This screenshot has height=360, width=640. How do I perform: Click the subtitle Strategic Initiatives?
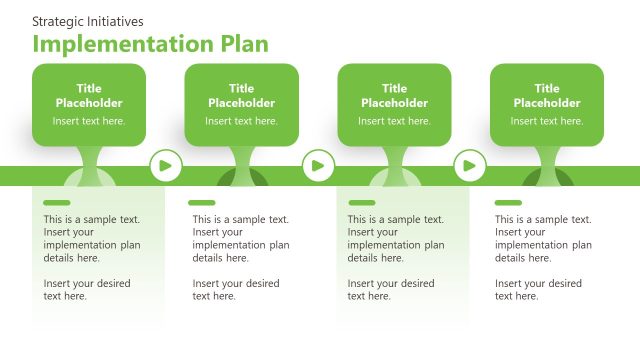pos(88,21)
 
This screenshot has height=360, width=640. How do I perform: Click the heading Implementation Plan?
pos(150,44)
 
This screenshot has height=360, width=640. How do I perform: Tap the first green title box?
pos(89,104)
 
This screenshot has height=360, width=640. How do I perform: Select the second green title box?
pos(241,104)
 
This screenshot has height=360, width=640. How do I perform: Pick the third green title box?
pos(394,104)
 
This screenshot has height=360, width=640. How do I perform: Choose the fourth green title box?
pos(546,104)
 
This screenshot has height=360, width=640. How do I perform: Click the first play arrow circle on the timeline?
pos(165,165)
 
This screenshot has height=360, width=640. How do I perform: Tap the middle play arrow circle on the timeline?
pos(318,165)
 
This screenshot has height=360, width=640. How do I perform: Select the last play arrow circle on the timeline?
pos(470,165)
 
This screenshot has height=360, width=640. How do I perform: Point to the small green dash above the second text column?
pos(202,203)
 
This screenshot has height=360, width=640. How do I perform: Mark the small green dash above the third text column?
pos(361,203)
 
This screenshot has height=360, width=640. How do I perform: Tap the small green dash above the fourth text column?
pos(506,203)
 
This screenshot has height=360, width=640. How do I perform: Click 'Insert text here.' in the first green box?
pos(89,121)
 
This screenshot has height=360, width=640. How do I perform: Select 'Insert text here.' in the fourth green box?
pos(546,121)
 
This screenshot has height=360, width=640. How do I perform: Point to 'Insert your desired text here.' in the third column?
pos(391,290)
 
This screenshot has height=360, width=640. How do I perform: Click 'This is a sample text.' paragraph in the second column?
pos(241,238)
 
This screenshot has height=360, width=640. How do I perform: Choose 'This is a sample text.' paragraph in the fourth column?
pos(543,238)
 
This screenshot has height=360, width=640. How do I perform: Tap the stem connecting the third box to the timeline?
pos(394,160)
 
